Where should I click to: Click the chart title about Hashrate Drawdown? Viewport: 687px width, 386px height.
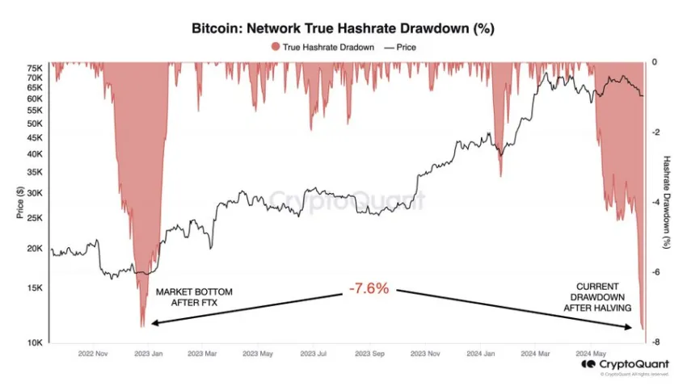click(343, 28)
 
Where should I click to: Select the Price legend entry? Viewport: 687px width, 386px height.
click(403, 47)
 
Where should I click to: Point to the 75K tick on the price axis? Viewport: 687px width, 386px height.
click(34, 68)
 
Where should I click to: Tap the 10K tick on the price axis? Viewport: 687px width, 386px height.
click(34, 342)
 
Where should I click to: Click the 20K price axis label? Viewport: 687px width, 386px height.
click(34, 249)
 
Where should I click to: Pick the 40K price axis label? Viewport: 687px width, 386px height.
click(34, 154)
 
